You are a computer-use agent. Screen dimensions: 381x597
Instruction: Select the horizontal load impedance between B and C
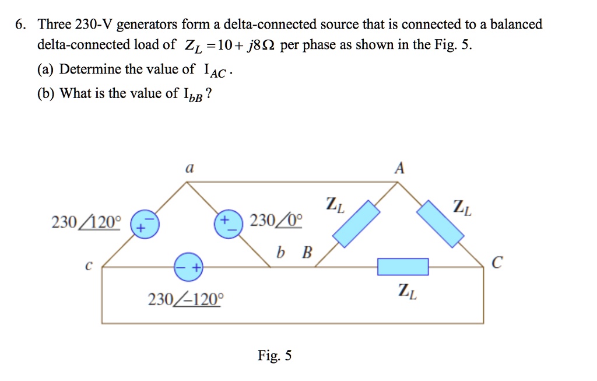coord(402,267)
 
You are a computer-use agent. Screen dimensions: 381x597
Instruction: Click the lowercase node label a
coord(188,168)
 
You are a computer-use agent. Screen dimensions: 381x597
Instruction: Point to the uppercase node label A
coord(399,168)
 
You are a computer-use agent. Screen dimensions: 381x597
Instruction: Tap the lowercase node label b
coord(282,253)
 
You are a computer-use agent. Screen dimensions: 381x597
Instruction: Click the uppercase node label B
coord(307,253)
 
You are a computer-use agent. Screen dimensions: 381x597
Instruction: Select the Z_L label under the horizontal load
coord(407,291)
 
